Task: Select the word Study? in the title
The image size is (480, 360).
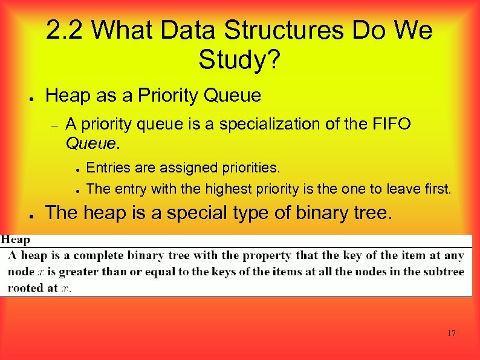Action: point(239,59)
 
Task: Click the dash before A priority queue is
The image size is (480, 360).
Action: point(53,125)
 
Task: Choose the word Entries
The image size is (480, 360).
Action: point(107,166)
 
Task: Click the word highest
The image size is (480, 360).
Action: point(229,189)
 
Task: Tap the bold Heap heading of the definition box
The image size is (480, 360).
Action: point(16,240)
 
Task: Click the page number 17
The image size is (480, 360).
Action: point(451,333)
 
